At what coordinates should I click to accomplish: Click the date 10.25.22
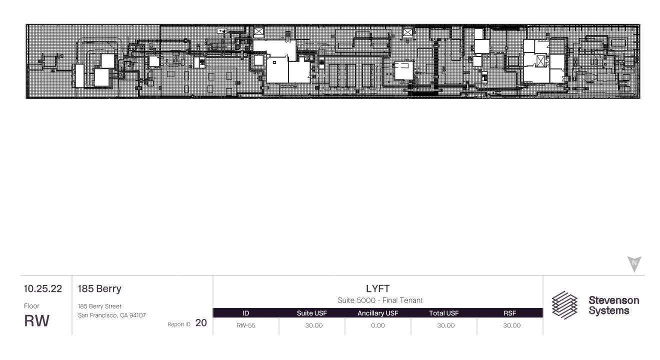coord(43,288)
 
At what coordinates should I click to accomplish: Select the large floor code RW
coord(36,321)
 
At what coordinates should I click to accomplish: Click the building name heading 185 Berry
coord(99,288)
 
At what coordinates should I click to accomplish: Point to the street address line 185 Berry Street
coord(99,306)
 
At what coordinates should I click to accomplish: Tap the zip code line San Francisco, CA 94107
coord(112,315)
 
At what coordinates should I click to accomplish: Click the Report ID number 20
coord(201,323)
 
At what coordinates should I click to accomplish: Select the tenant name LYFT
coord(377,288)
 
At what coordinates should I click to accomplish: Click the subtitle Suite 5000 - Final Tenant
coord(380,300)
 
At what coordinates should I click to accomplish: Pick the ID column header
coord(245,313)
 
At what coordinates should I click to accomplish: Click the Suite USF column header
coord(311,313)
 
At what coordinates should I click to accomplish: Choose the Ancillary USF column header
coord(377,313)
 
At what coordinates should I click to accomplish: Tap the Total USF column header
coord(443,313)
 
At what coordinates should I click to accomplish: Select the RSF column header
coord(509,313)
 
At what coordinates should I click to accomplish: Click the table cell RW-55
coord(246,325)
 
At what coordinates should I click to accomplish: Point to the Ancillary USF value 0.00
coord(378,325)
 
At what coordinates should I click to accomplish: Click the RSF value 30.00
coord(512,325)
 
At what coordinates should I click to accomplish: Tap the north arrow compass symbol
coord(634,264)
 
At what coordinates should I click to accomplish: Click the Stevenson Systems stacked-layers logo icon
coord(564,305)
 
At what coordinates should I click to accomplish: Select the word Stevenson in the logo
coord(614,300)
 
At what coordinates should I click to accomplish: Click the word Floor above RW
coord(31,306)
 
